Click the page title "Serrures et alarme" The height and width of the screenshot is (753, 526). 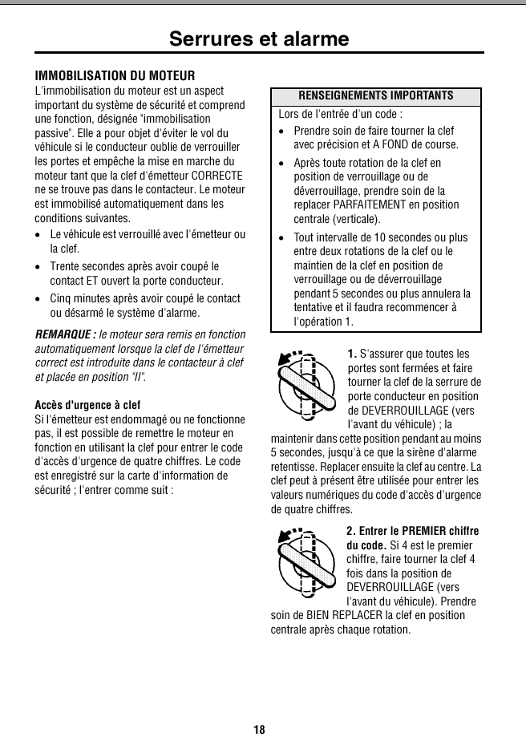pyautogui.click(x=259, y=38)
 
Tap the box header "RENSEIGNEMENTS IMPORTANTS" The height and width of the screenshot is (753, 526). pyautogui.click(x=375, y=96)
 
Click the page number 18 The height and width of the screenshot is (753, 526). pyautogui.click(x=259, y=729)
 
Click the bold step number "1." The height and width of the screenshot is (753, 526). pyautogui.click(x=353, y=354)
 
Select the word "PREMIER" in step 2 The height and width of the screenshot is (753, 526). pyautogui.click(x=427, y=532)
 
